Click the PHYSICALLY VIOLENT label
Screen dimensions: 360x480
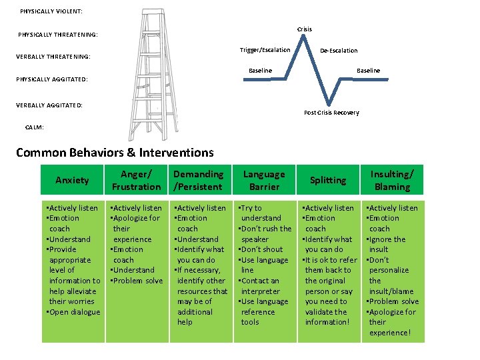point(51,11)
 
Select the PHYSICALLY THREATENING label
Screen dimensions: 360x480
point(57,34)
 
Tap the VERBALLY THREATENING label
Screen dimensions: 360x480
point(53,57)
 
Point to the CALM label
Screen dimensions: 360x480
point(35,127)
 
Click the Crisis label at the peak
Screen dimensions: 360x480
point(304,29)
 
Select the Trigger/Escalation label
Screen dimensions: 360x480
point(265,50)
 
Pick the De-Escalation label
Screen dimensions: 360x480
point(339,51)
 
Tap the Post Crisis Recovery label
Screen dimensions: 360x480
point(331,113)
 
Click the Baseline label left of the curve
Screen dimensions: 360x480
point(260,71)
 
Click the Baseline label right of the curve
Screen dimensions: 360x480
point(368,71)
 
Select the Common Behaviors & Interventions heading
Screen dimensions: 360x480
point(115,153)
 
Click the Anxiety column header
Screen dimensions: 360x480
point(72,181)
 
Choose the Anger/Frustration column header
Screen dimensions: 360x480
point(136,181)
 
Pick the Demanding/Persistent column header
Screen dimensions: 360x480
point(198,181)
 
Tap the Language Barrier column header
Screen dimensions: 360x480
point(263,181)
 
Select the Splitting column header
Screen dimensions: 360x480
point(328,181)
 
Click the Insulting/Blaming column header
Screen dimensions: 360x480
point(392,181)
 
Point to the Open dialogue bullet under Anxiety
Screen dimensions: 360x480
point(73,312)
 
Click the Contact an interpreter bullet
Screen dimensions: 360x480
point(263,286)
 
